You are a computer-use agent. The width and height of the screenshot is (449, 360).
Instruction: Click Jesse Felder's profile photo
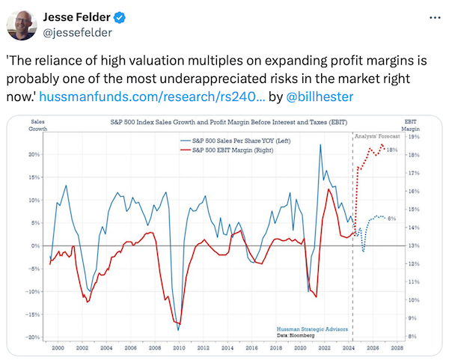coord(21,25)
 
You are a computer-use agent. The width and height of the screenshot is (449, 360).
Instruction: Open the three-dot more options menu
coord(427,17)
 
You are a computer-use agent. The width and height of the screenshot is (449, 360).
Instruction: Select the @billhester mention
coord(308,97)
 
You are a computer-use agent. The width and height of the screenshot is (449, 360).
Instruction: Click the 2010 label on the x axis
coord(178,348)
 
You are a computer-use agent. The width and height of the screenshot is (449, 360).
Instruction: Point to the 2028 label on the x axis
coord(397,348)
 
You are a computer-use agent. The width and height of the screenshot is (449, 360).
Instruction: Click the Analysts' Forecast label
coord(378,135)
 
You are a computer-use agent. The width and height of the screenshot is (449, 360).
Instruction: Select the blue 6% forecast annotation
coord(391,218)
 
